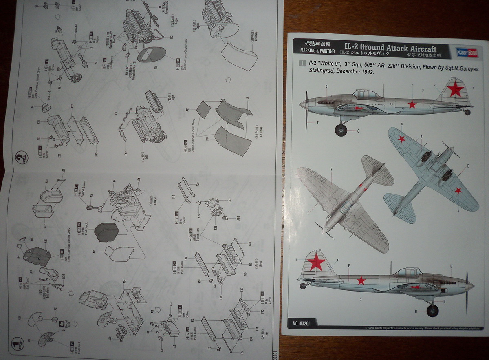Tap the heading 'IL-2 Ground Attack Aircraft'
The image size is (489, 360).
[390, 48]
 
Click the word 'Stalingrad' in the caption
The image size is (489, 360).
[318, 71]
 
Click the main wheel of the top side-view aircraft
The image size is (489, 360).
[341, 130]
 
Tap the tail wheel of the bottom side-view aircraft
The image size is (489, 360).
[303, 286]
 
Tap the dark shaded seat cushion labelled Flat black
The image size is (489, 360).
[106, 232]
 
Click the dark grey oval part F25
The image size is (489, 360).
[152, 55]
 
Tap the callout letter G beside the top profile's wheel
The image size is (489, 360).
[358, 131]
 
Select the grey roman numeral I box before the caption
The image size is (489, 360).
[302, 63]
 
